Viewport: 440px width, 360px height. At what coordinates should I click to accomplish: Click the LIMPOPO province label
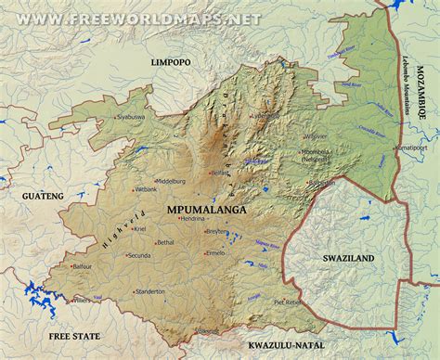170,61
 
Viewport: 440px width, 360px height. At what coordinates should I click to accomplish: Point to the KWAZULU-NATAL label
291,345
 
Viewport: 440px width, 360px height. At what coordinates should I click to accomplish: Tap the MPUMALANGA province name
207,211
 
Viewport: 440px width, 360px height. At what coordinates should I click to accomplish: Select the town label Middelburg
171,181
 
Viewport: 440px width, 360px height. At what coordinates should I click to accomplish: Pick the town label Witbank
147,189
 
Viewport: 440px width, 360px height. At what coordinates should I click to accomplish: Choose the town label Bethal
165,242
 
